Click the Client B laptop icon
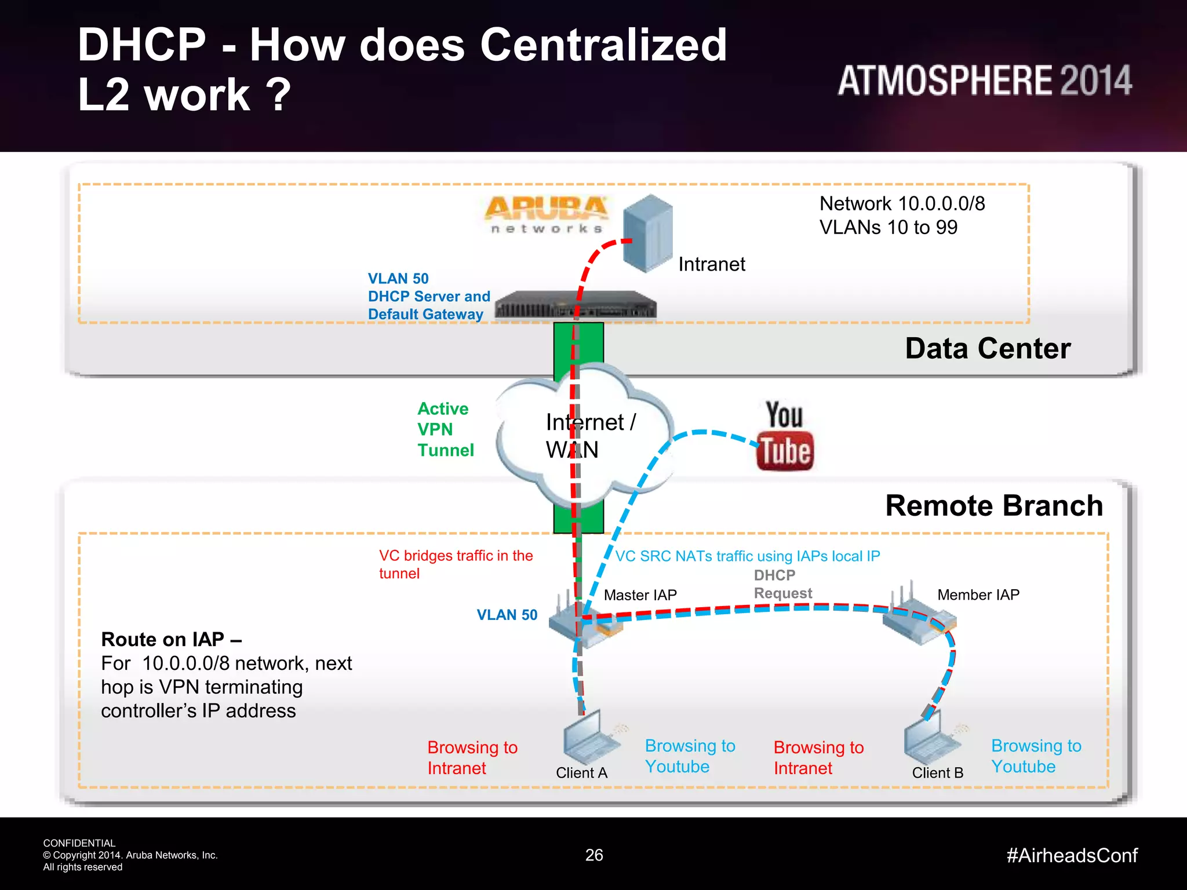[x=929, y=739]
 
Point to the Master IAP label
[x=640, y=595]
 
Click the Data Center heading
[x=988, y=349]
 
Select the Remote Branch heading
[x=994, y=506]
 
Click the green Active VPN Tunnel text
[x=445, y=429]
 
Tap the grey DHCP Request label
[x=782, y=584]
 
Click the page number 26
[x=594, y=855]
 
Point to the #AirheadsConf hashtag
[x=1072, y=855]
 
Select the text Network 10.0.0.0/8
[x=902, y=204]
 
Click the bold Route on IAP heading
[x=171, y=639]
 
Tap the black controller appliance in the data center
[x=575, y=305]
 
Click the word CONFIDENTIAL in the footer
[x=79, y=843]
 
